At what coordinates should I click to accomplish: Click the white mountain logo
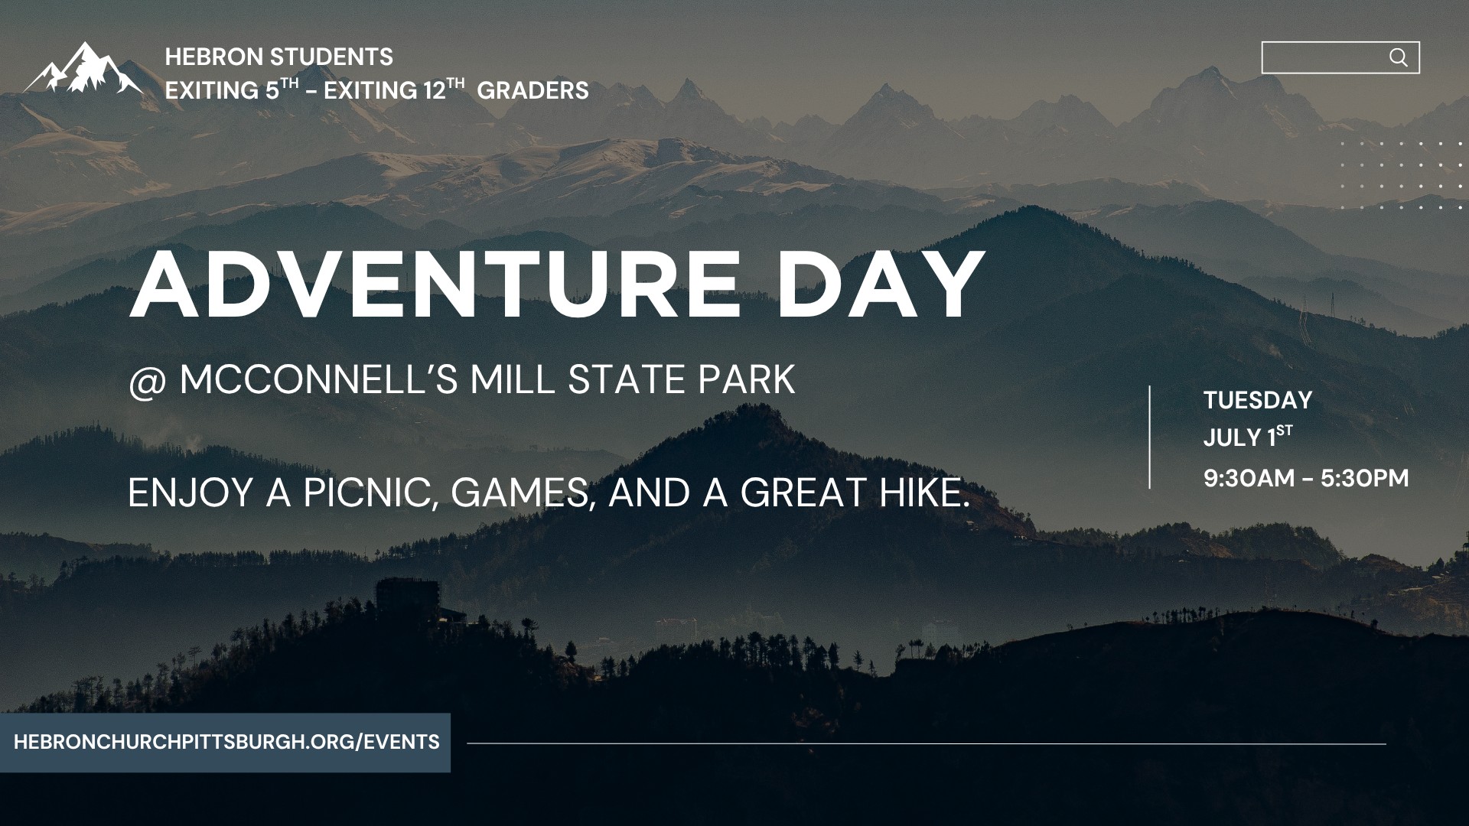83,68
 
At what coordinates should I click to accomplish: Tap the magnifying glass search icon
1398,57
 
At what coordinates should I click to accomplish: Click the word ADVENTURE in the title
435,285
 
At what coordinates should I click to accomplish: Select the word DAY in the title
880,285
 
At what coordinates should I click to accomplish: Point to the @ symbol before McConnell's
143,382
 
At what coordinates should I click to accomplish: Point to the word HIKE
924,493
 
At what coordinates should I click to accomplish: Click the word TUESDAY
1258,400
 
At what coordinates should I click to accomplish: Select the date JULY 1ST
1248,437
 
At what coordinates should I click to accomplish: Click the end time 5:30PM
1365,478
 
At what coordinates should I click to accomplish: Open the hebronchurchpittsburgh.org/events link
226,742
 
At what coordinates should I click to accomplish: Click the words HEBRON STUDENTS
279,57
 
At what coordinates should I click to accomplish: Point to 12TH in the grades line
444,89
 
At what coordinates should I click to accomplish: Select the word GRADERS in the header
533,90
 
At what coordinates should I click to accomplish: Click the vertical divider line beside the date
1149,437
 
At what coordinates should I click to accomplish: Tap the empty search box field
1324,57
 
